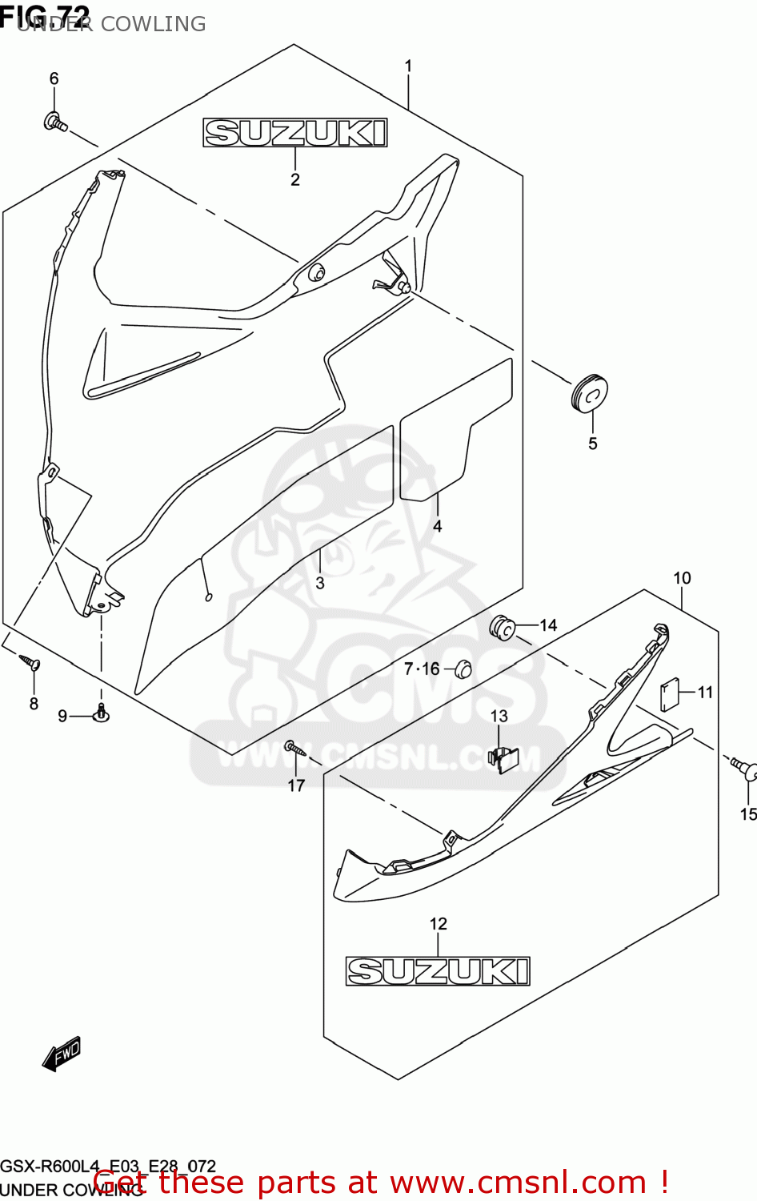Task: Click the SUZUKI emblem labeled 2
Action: coord(294,133)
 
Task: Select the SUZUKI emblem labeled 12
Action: coord(438,971)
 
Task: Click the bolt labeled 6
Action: coord(55,123)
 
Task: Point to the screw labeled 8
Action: coord(31,663)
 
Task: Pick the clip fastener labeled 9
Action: coord(101,712)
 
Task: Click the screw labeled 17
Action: coord(294,749)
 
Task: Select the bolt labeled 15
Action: coord(744,769)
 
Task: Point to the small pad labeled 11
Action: coord(669,694)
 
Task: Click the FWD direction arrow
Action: coord(62,1054)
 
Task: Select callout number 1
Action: coord(408,66)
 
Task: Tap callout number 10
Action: coord(682,577)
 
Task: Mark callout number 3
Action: coord(320,583)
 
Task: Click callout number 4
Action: coord(437,526)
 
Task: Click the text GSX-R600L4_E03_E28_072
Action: coord(108,1167)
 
